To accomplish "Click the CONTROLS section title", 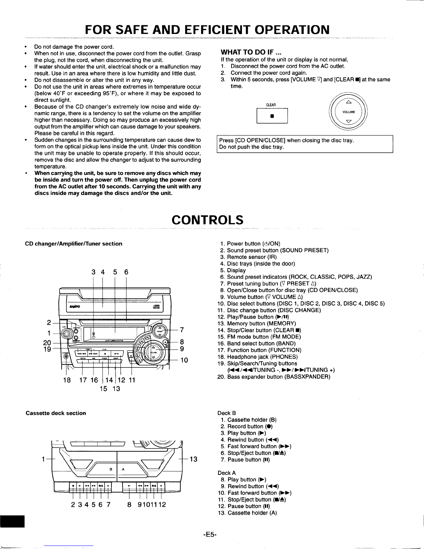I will click(x=208, y=220).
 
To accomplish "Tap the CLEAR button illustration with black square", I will click(x=272, y=116).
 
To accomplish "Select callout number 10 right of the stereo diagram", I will click(x=184, y=360).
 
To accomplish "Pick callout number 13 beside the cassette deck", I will click(x=193, y=459).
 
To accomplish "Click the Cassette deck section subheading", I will click(x=56, y=413).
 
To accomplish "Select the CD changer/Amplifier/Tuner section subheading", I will click(x=74, y=243).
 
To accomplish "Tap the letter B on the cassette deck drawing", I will click(x=110, y=469).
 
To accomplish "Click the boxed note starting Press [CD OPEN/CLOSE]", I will click(x=305, y=144).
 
